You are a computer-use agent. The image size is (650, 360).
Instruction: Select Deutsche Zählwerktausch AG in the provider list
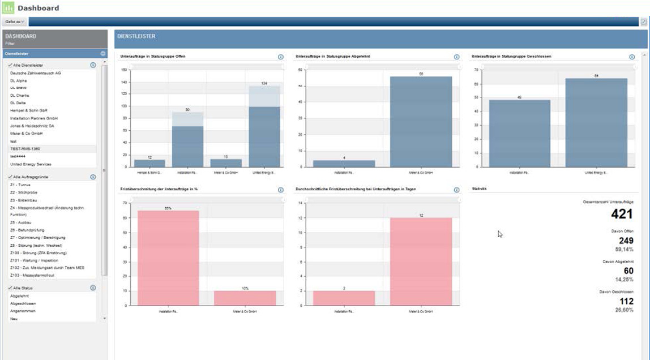35,73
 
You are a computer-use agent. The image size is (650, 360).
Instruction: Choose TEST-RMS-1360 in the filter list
25,149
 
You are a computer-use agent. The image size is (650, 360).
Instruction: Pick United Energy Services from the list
31,164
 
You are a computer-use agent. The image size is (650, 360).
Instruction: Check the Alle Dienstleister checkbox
10,66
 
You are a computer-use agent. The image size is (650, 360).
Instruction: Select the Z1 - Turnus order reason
20,185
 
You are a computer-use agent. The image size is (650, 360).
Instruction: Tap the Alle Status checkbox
10,288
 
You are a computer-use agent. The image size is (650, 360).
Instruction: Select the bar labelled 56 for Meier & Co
421,122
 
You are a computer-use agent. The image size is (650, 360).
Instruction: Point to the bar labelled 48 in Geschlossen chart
519,133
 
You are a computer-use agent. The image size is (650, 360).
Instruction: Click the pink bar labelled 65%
168,258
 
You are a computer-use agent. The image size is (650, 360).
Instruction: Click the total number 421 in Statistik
621,214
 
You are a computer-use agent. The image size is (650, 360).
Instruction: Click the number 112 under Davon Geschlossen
625,302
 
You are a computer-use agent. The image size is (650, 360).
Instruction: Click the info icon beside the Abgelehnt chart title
456,57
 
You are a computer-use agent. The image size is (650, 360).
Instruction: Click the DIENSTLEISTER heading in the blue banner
136,37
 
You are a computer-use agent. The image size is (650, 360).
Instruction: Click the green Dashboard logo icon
8,8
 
